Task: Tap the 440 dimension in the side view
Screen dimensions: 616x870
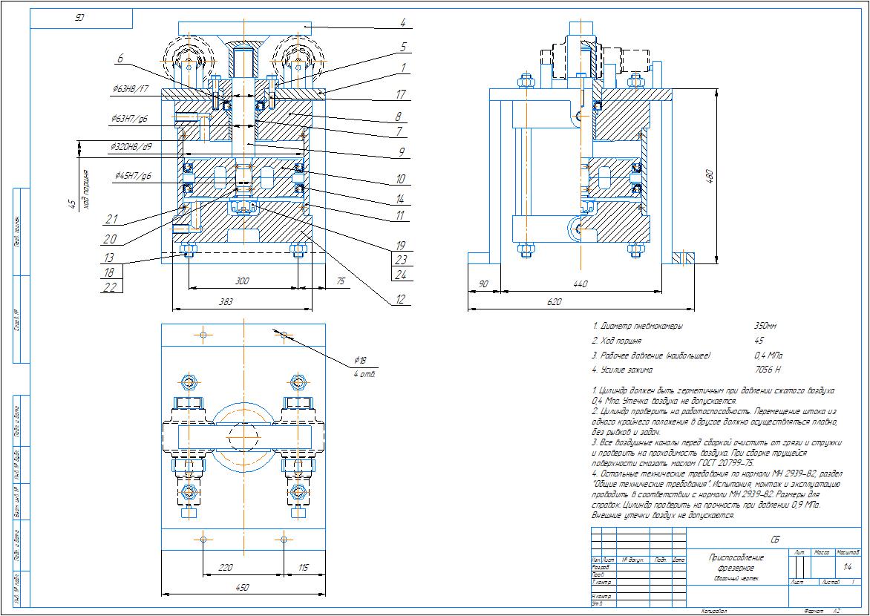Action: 580,284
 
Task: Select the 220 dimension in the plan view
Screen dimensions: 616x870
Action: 226,567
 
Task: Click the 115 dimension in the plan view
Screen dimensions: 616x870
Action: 303,567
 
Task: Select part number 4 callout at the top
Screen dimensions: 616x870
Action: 402,22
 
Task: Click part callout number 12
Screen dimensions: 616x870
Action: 402,300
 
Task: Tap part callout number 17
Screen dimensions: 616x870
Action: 402,95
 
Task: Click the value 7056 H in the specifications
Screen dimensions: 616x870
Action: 766,370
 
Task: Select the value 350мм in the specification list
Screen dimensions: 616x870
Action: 766,326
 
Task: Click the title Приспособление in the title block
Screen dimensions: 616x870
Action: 737,557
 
